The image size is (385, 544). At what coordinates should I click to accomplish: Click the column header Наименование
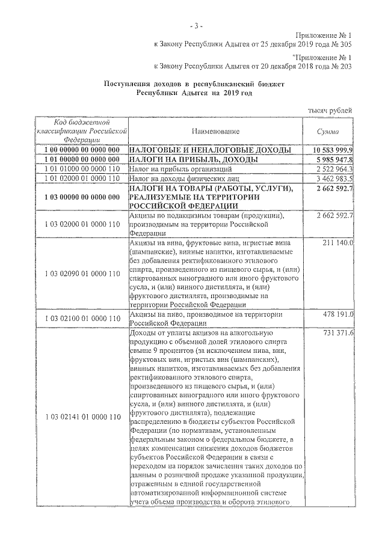(216, 131)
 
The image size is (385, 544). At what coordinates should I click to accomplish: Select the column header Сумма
(328, 131)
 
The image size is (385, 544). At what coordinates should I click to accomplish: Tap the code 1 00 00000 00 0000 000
(82, 149)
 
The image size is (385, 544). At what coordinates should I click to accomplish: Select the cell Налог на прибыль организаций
(172, 170)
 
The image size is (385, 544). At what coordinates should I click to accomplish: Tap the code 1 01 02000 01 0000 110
(82, 179)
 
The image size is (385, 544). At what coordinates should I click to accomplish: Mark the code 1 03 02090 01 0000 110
(82, 274)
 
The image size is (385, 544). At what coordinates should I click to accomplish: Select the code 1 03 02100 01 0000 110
(82, 318)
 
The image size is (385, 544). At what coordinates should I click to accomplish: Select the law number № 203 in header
(342, 67)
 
